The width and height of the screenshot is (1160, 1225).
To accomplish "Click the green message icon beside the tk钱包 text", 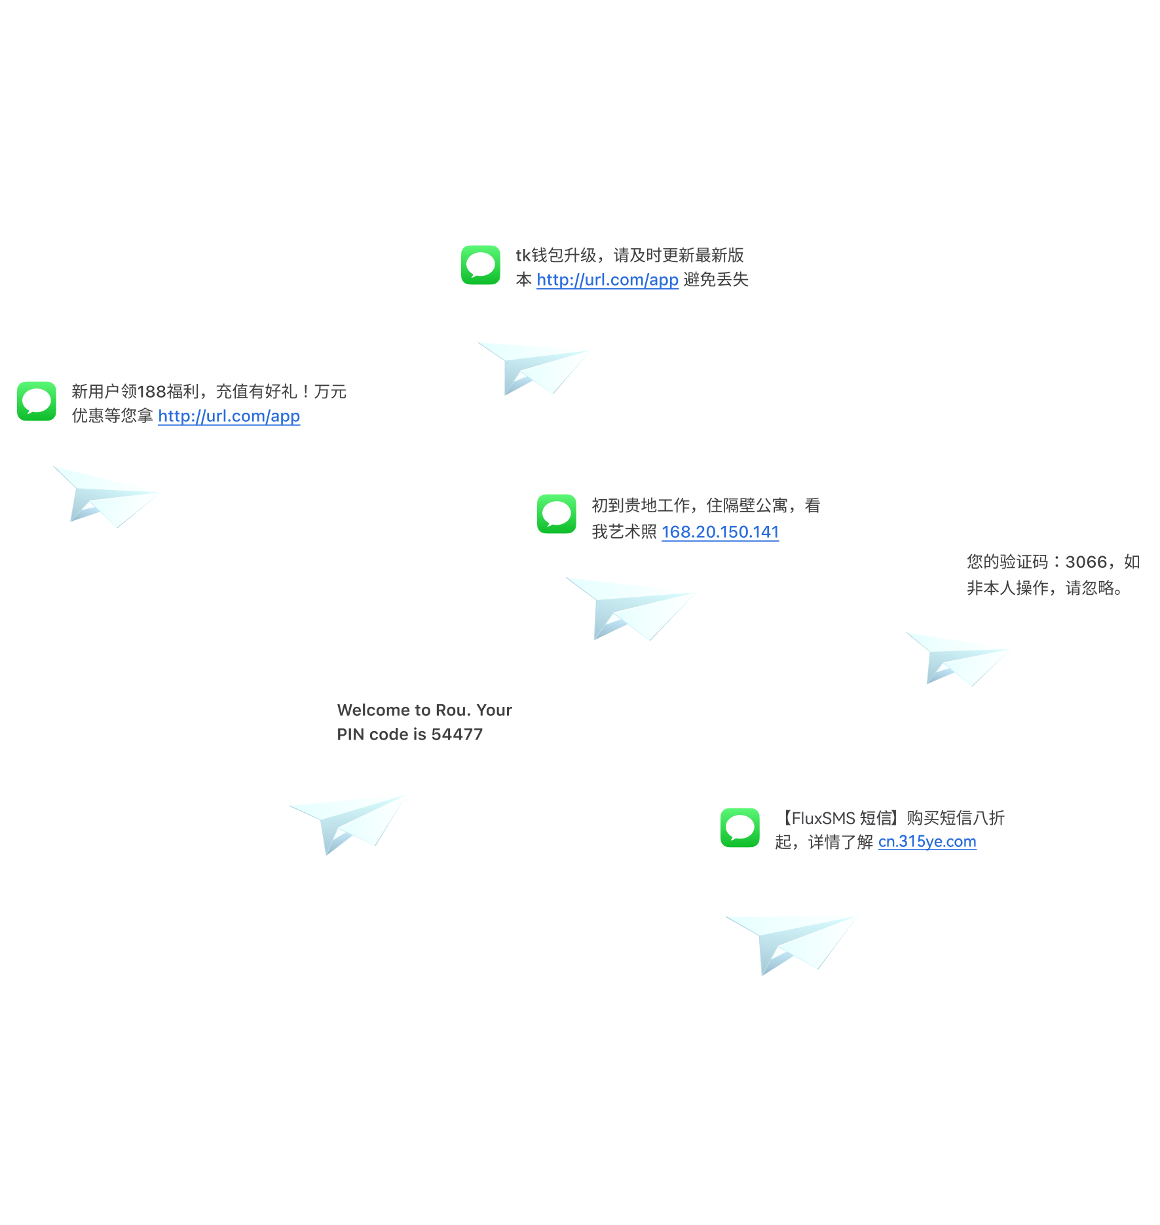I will (x=480, y=265).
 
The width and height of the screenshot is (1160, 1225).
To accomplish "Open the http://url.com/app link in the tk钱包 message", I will (x=607, y=280).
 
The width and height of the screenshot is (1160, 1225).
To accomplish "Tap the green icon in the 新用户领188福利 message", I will (x=37, y=401).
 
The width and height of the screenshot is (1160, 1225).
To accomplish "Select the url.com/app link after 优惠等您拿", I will (x=229, y=416).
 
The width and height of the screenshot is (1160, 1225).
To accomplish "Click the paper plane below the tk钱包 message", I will (x=534, y=367).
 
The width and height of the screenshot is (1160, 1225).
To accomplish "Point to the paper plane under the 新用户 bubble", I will (x=106, y=496).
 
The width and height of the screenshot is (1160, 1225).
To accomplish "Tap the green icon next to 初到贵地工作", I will (x=556, y=514).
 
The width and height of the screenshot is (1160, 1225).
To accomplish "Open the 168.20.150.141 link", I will (x=720, y=532).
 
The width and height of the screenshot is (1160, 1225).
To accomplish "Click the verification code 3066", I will (x=1086, y=562).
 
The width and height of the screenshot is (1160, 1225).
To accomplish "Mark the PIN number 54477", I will (x=457, y=734).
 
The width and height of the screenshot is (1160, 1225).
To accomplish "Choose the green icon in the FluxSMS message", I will (x=739, y=827).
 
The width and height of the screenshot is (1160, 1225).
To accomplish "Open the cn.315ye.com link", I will (x=927, y=842).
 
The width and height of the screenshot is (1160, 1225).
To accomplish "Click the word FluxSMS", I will (x=823, y=818).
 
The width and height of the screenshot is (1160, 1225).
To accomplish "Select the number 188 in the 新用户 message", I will (x=151, y=392).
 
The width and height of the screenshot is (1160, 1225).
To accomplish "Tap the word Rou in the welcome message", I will (x=452, y=710).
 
